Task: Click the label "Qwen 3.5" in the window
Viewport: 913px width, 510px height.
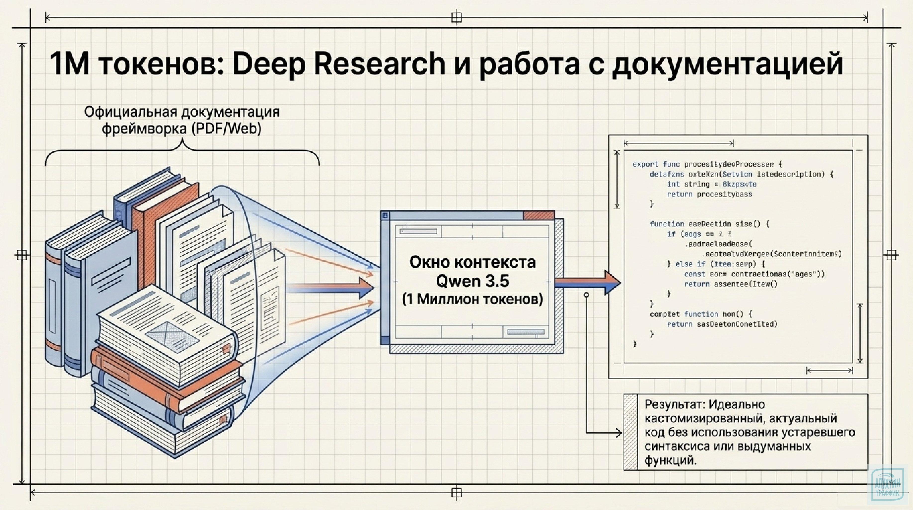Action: pos(473,281)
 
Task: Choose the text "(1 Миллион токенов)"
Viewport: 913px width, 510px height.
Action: pos(473,299)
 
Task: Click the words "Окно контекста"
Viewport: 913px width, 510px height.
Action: pos(473,262)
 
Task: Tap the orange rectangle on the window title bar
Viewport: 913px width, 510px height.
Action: pos(539,215)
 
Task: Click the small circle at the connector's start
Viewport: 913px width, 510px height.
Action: pos(587,295)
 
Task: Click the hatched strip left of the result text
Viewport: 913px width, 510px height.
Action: pos(631,432)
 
